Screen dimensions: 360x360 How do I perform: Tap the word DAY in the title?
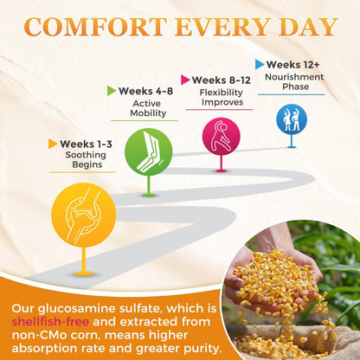click(308, 27)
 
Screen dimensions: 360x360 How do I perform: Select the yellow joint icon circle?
click(84, 215)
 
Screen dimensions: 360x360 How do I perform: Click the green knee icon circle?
click(149, 152)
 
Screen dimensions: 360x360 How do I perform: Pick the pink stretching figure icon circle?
click(222, 137)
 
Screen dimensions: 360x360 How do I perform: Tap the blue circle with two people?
click(292, 119)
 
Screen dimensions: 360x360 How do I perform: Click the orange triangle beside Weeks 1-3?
click(53, 144)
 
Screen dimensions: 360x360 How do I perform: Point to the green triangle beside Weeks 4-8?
click(112, 91)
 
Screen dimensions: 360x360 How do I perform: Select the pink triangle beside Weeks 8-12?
click(185, 80)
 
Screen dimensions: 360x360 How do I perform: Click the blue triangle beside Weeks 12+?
click(260, 64)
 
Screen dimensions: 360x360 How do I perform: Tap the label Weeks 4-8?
click(145, 91)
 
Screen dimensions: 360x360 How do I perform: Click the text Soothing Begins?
click(86, 159)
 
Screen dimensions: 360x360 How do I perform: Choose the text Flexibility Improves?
click(222, 97)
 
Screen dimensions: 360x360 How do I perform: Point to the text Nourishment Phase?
click(294, 81)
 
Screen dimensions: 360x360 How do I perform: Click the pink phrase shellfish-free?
click(50, 321)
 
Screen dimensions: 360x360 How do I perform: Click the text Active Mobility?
click(148, 108)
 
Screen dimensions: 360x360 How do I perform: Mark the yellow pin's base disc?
click(84, 273)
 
